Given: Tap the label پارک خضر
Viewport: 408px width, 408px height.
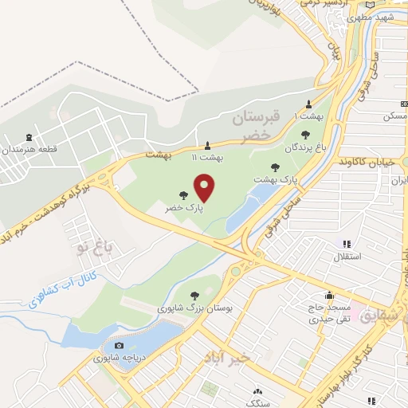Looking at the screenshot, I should click(184, 207).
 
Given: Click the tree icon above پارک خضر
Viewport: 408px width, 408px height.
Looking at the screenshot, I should click(184, 194).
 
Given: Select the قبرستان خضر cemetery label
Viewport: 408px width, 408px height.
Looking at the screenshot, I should click(257, 127).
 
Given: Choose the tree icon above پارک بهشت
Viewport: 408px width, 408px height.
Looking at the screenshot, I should click(276, 167).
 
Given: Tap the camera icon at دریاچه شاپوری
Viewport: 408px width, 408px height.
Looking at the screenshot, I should click(119, 345).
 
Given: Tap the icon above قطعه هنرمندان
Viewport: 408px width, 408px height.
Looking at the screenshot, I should click(29, 137).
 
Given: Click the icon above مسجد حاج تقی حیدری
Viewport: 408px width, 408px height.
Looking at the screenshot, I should click(329, 294).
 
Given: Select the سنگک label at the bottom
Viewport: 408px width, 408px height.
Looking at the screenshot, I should click(257, 403).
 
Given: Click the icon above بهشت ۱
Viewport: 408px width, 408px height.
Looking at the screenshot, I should click(309, 104).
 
